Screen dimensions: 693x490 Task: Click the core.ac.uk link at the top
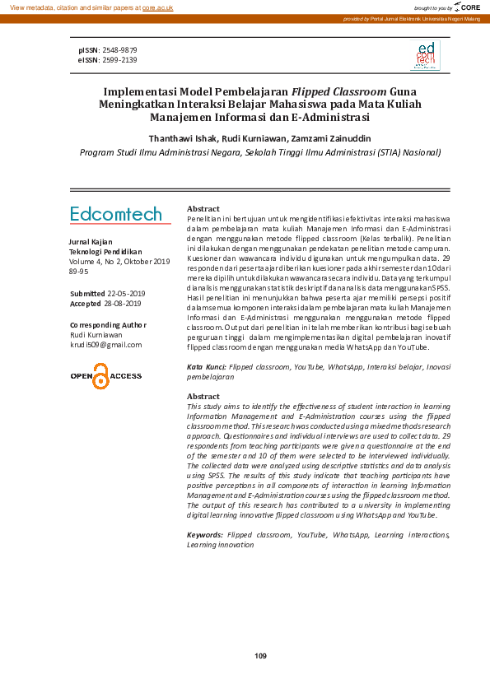(156, 7)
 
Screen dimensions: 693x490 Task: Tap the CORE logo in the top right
(467, 7)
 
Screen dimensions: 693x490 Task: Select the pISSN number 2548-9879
(120, 50)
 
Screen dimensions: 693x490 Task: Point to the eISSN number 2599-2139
(120, 60)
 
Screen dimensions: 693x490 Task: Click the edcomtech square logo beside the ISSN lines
(425, 55)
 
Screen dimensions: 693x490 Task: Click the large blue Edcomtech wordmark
(116, 214)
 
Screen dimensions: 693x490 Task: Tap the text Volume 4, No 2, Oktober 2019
(119, 261)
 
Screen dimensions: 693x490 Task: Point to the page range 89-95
(79, 271)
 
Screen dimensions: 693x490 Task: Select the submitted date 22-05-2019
(126, 294)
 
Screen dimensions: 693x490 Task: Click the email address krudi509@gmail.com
(106, 345)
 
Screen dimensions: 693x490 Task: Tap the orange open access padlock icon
(100, 376)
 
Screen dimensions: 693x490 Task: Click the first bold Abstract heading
(203, 209)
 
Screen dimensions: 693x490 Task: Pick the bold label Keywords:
(205, 535)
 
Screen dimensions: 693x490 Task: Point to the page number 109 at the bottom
(261, 655)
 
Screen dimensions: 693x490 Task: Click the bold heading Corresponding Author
(108, 325)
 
